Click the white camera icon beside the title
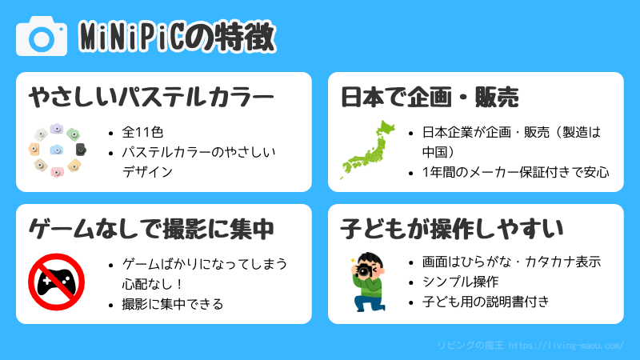42,36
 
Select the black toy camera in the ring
81,150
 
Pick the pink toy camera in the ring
57,172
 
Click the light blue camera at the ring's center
56,150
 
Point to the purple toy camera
56,129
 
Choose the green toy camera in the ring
74,134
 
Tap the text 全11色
142,132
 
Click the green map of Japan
368,150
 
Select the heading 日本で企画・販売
430,97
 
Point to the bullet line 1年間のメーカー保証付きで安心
516,172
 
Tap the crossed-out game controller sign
56,282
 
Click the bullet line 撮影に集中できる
173,304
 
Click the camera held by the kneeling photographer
363,270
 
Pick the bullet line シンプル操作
461,282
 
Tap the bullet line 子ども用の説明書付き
486,302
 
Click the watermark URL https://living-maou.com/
566,346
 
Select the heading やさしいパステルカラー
151,97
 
